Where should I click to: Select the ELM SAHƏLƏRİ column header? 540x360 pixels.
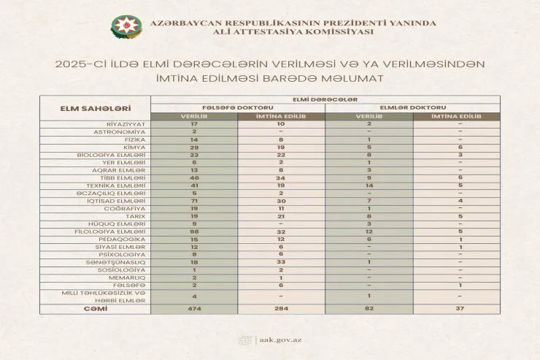[90, 109]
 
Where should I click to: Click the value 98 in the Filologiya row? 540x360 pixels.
[194, 231]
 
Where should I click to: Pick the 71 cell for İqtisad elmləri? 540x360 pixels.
[194, 201]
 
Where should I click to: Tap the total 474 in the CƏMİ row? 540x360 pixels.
[194, 309]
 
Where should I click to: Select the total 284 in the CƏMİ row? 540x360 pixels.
[282, 309]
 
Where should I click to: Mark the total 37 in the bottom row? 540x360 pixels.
[460, 309]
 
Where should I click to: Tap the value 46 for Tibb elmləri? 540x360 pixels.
[194, 177]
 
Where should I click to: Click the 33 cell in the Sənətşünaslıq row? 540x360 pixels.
[282, 262]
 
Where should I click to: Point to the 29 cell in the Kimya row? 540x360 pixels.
[194, 147]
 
